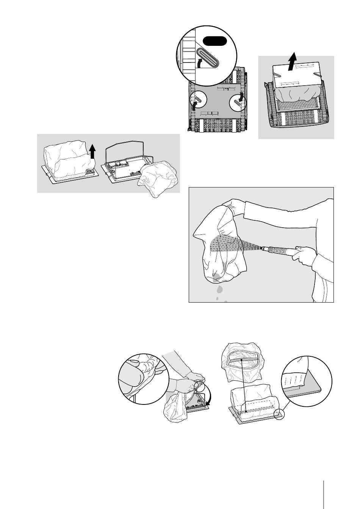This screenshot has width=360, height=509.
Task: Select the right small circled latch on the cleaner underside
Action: tap(238, 101)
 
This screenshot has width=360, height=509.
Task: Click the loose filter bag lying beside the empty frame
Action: tap(158, 179)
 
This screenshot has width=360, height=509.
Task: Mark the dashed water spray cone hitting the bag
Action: tap(231, 245)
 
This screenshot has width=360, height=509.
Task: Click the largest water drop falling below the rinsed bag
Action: tap(220, 290)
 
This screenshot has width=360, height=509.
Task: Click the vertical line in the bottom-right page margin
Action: tap(324, 492)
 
